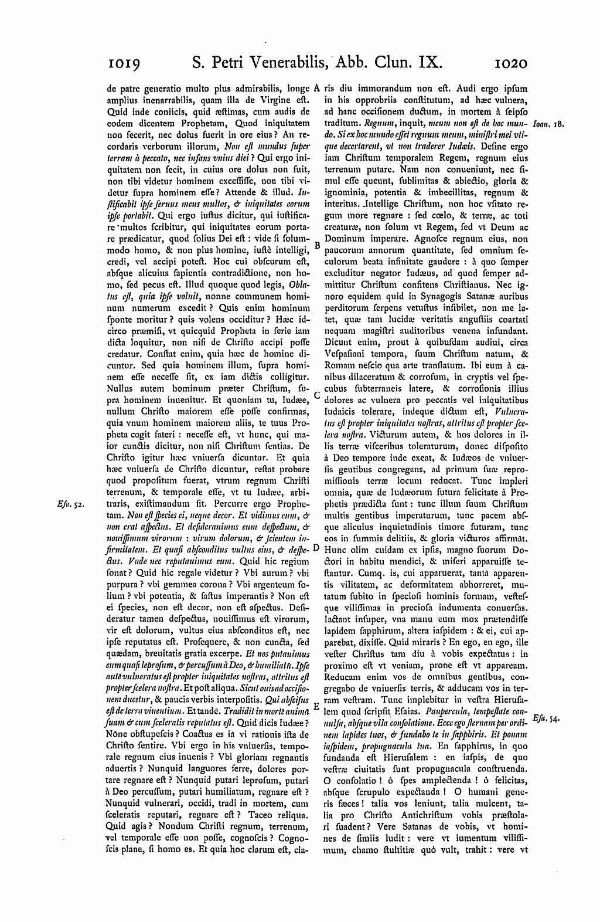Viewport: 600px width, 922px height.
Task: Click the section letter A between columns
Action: [316, 89]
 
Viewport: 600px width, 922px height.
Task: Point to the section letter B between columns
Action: [317, 244]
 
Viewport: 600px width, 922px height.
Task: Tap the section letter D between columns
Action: [316, 548]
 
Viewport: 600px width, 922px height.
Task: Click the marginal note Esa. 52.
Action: [73, 503]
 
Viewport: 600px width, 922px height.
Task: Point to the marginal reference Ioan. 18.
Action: [549, 124]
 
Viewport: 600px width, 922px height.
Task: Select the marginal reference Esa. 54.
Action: [548, 719]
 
